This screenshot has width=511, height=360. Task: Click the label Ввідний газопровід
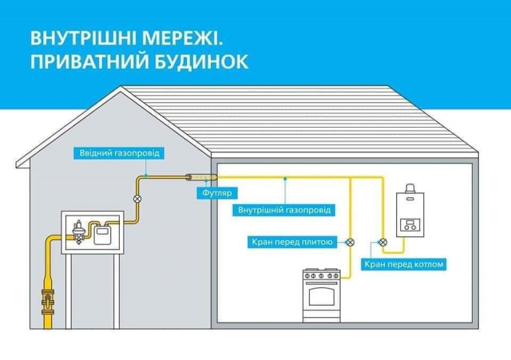click(x=113, y=152)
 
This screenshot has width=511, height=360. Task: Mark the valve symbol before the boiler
click(x=382, y=241)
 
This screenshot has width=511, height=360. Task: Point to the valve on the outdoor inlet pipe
click(x=137, y=196)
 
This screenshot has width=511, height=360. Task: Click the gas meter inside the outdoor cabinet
click(x=102, y=234)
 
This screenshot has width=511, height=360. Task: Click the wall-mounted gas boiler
click(x=412, y=215)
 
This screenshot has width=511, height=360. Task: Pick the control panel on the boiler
click(x=412, y=225)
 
